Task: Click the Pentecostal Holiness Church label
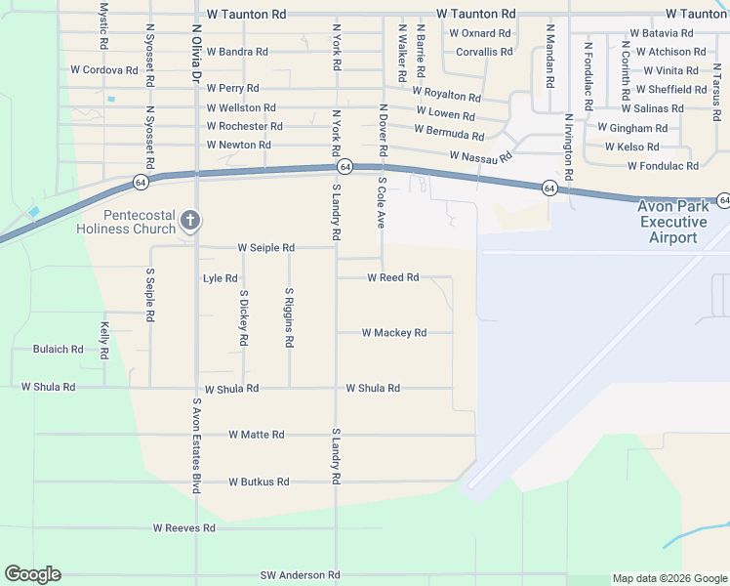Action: [x=127, y=222]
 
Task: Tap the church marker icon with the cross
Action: [x=190, y=222]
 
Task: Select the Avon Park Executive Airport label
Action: [x=673, y=222]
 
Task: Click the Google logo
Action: [x=32, y=574]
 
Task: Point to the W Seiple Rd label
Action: [x=265, y=248]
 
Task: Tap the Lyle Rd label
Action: [x=220, y=278]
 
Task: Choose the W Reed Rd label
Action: [x=392, y=278]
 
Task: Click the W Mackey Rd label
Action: [x=393, y=333]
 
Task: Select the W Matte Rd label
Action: [x=257, y=435]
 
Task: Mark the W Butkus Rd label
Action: [x=259, y=482]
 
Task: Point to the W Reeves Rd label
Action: [x=183, y=528]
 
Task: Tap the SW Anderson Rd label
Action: [x=300, y=576]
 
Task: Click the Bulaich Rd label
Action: [x=58, y=349]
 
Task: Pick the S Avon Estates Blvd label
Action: [x=196, y=444]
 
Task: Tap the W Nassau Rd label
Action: [x=481, y=156]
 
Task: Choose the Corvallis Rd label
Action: [x=484, y=52]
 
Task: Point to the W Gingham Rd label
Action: [x=632, y=128]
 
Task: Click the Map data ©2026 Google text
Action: [x=669, y=578]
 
